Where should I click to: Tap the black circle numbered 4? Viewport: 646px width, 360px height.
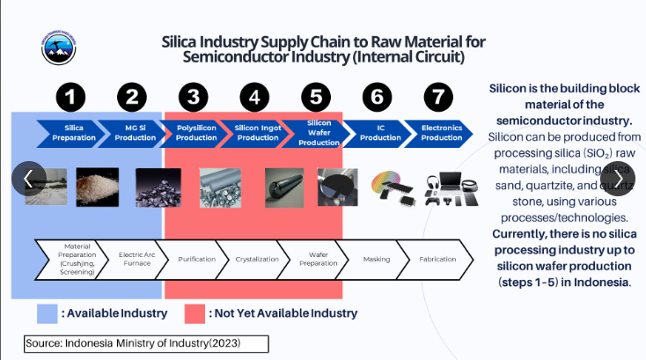pyautogui.click(x=255, y=96)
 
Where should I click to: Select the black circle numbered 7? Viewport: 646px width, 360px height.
pyautogui.click(x=440, y=96)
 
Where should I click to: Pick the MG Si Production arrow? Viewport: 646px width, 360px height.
pyautogui.click(x=135, y=133)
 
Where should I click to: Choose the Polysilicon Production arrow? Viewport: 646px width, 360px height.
pyautogui.click(x=195, y=133)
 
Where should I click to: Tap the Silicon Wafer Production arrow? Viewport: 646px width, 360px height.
pyautogui.click(x=319, y=132)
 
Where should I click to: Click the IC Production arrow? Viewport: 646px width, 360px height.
pyautogui.click(x=380, y=133)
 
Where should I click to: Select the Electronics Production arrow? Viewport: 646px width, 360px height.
pyautogui.click(x=441, y=133)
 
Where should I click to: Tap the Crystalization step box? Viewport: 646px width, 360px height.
pyautogui.click(x=257, y=259)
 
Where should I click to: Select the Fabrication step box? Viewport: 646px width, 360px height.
pyautogui.click(x=442, y=259)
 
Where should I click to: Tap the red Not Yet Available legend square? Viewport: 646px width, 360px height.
pyautogui.click(x=195, y=313)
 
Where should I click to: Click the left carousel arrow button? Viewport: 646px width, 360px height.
pyautogui.click(x=28, y=179)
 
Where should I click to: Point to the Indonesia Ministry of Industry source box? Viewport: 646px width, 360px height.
pyautogui.click(x=146, y=342)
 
